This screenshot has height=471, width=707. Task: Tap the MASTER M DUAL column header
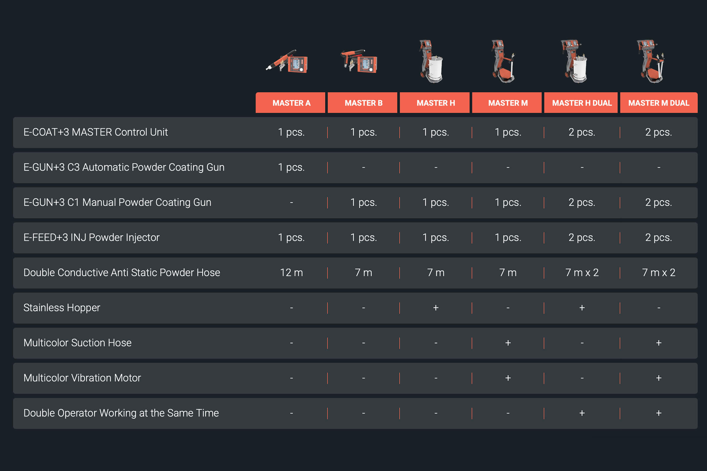pyautogui.click(x=659, y=103)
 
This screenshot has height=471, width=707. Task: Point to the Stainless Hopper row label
pyautogui.click(x=62, y=308)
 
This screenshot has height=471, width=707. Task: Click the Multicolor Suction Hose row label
pyautogui.click(x=77, y=343)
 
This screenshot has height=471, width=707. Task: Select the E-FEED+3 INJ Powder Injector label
pyautogui.click(x=91, y=238)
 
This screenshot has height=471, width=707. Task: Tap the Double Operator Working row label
pyautogui.click(x=121, y=413)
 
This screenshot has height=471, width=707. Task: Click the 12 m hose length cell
pyautogui.click(x=291, y=273)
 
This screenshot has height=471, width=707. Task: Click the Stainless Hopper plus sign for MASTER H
pyautogui.click(x=436, y=308)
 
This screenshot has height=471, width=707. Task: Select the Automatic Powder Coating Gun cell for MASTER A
pyautogui.click(x=291, y=167)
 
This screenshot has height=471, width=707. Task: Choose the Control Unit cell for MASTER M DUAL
pyautogui.click(x=659, y=132)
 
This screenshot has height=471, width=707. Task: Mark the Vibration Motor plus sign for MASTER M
pyautogui.click(x=508, y=378)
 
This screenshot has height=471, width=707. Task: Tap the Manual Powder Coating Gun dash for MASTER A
pyautogui.click(x=291, y=203)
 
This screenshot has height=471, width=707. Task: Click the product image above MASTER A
pyautogui.click(x=287, y=62)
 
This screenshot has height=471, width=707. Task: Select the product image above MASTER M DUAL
pyautogui.click(x=651, y=61)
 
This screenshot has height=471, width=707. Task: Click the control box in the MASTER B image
pyautogui.click(x=367, y=64)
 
